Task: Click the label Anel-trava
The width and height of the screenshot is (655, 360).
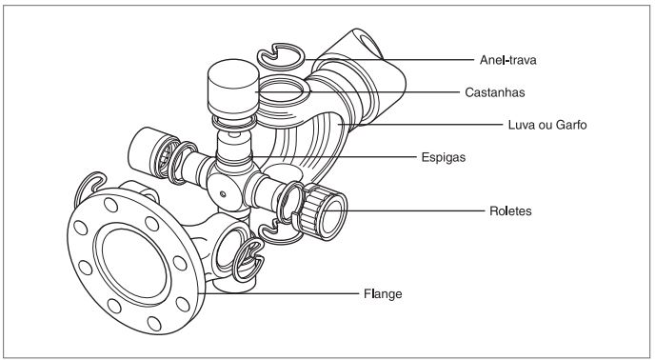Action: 507,60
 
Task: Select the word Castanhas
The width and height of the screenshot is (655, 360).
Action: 495,92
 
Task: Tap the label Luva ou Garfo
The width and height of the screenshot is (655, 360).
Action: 547,125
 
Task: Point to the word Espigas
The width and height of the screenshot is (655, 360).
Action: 444,157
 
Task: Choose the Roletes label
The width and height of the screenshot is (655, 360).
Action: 510,210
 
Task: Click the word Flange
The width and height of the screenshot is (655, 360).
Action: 383,293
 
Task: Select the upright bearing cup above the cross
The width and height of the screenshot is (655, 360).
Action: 233,89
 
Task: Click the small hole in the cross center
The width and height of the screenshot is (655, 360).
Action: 223,194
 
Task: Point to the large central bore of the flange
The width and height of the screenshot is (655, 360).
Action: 133,264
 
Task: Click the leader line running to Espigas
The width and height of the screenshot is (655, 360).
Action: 334,157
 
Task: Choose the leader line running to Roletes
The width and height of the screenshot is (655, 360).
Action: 404,210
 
